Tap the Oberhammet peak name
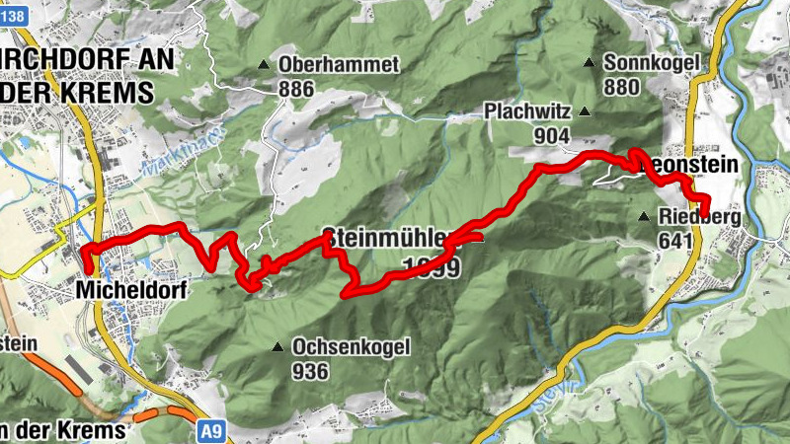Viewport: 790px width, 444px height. coord(339,65)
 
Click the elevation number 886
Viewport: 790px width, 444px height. coord(296,90)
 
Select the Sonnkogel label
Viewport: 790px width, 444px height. coord(651,62)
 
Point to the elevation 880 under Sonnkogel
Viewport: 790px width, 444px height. coord(621,87)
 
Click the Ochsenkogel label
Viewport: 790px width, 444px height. coord(350,347)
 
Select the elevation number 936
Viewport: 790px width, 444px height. coord(310,372)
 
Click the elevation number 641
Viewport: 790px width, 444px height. coord(677,238)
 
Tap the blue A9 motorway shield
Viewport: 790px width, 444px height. coord(208,431)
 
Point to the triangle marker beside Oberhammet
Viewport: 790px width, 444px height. coord(263,65)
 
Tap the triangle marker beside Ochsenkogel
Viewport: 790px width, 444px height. coord(276,347)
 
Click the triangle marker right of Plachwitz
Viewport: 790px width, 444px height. coord(586,111)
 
